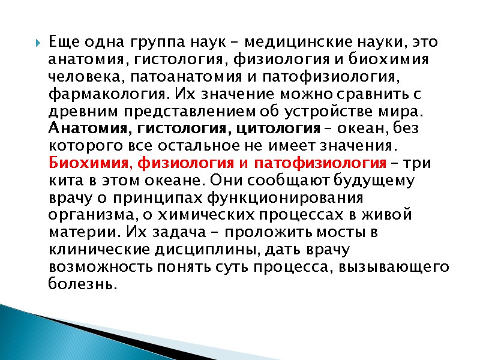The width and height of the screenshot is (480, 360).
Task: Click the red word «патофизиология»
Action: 320,163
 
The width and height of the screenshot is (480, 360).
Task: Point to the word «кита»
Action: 63,181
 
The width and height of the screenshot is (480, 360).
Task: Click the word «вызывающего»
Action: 397,266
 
